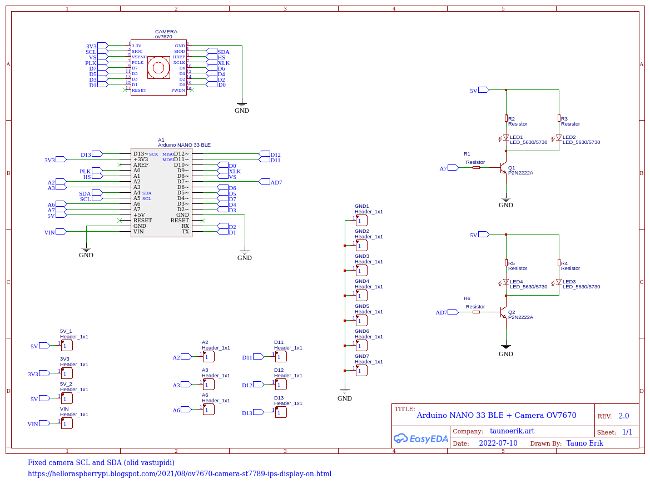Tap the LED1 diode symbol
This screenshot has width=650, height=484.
(506, 138)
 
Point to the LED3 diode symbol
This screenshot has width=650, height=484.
(559, 282)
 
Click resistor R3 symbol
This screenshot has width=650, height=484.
(559, 118)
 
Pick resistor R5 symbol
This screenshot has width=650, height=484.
(506, 263)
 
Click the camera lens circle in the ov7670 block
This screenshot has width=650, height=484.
(158, 68)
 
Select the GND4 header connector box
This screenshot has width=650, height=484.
(361, 296)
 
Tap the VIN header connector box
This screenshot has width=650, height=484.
(67, 423)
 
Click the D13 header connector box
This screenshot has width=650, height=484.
(281, 412)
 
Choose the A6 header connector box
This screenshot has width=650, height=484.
(209, 410)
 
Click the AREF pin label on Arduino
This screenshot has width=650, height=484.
(141, 165)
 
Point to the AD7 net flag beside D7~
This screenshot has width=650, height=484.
(276, 182)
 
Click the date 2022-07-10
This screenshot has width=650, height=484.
(498, 443)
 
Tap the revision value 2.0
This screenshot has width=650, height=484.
(623, 416)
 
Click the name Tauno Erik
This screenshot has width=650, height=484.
(584, 443)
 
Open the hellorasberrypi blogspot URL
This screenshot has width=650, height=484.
(180, 474)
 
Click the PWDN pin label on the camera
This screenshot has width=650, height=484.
(178, 90)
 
